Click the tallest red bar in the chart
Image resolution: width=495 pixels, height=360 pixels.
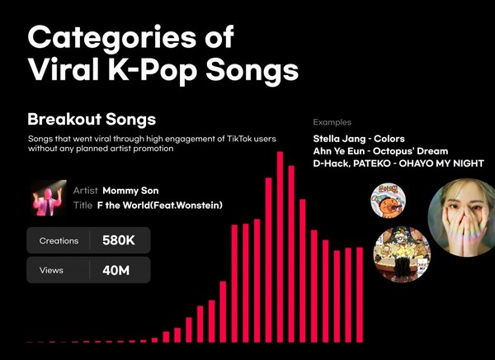point(280,247)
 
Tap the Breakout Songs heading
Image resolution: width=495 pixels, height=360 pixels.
point(92,120)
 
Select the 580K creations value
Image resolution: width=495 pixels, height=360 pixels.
point(118,240)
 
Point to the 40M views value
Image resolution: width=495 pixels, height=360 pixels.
point(115,271)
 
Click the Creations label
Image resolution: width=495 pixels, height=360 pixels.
point(59,241)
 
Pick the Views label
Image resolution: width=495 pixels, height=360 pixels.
point(51,271)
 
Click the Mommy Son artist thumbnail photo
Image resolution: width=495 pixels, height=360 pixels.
point(49,198)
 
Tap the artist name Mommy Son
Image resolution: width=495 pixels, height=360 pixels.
point(130,191)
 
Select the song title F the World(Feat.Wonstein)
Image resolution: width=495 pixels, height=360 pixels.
point(160,206)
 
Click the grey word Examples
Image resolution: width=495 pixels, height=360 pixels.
point(332,122)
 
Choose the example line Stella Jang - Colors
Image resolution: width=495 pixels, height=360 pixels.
point(359,139)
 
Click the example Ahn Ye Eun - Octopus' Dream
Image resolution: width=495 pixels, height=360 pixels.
point(380,151)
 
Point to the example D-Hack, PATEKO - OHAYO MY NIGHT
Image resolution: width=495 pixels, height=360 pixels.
point(398,163)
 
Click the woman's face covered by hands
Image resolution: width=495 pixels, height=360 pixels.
point(461,217)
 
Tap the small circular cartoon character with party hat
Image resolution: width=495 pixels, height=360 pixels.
point(388,201)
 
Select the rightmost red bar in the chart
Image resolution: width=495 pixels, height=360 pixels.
point(360,296)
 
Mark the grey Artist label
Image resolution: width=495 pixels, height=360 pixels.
point(85,191)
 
